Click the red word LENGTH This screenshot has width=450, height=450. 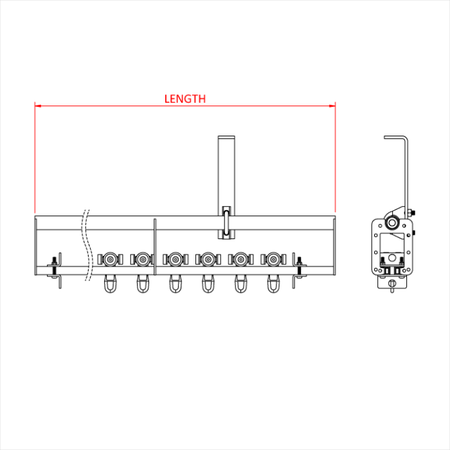(185, 99)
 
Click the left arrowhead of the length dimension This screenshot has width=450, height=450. (38, 106)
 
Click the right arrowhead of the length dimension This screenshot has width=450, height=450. (332, 106)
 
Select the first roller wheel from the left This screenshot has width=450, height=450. (110, 259)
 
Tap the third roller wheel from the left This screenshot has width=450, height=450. (175, 259)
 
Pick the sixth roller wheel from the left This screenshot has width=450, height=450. (273, 259)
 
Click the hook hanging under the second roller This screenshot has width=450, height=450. (143, 283)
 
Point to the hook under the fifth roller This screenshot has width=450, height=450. (240, 283)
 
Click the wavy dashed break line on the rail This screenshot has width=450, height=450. (89, 246)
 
